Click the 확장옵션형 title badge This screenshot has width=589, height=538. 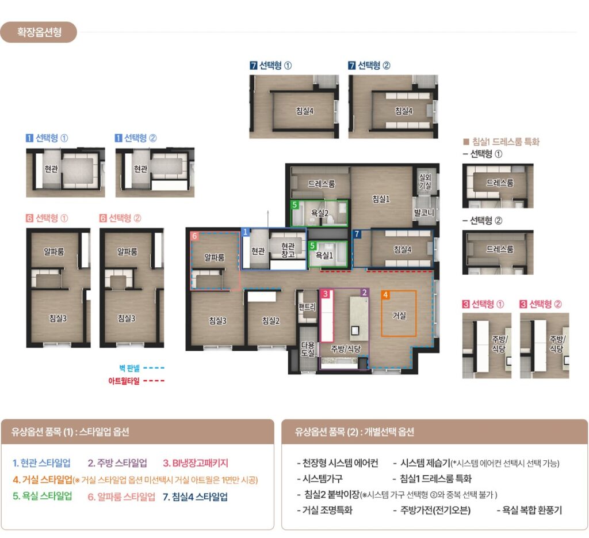tap(39, 32)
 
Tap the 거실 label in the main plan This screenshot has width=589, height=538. tap(399, 315)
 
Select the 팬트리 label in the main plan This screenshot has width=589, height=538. tap(307, 307)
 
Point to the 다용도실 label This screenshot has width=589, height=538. tap(308, 348)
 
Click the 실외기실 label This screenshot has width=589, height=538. tap(425, 181)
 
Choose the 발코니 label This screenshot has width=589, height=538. tap(424, 213)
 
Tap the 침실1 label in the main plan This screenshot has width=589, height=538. tap(381, 199)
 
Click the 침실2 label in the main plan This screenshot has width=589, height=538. tap(271, 320)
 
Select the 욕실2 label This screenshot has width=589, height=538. tap(320, 213)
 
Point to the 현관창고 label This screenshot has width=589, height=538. tap(288, 250)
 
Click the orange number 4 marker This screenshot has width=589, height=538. tap(385, 294)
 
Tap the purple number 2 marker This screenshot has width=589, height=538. tap(364, 293)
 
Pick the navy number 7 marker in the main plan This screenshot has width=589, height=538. tap(357, 234)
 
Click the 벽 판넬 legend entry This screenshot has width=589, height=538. tap(141, 368)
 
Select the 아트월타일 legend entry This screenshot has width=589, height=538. tap(136, 381)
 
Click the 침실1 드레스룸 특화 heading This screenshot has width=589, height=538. tap(501, 142)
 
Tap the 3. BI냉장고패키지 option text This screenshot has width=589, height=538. tap(196, 463)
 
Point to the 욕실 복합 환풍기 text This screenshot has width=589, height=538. tap(529, 510)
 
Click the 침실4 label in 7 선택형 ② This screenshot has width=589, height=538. tap(404, 111)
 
